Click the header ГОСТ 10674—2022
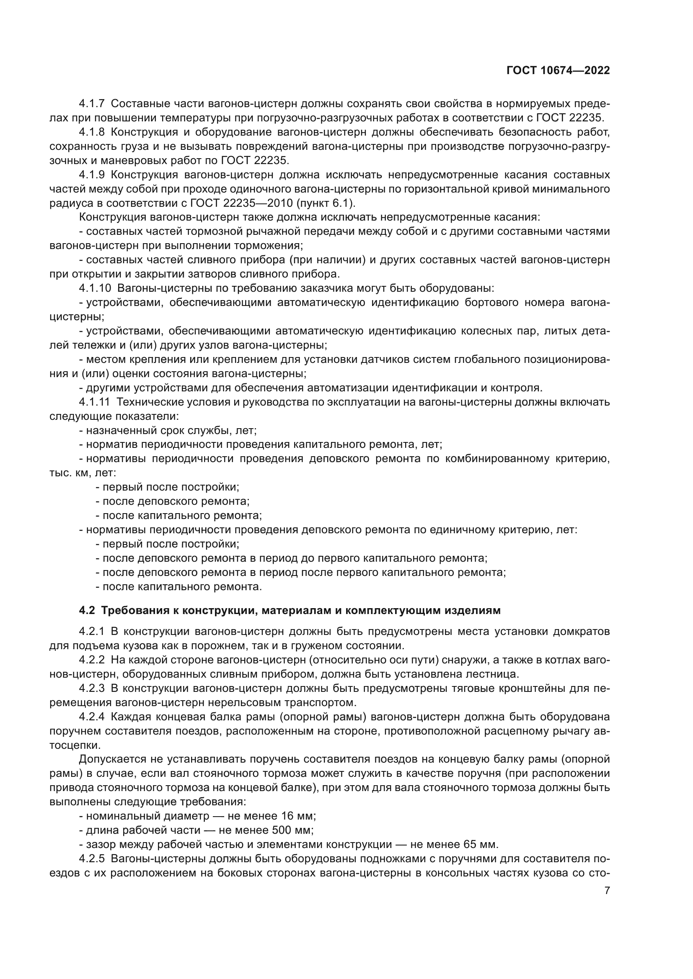click(x=558, y=71)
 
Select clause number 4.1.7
click(x=91, y=104)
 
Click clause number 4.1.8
click(x=91, y=132)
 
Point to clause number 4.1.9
click(x=91, y=175)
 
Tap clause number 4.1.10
click(x=95, y=288)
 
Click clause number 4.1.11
click(x=94, y=402)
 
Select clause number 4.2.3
click(x=91, y=688)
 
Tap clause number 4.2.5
click(x=91, y=859)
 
